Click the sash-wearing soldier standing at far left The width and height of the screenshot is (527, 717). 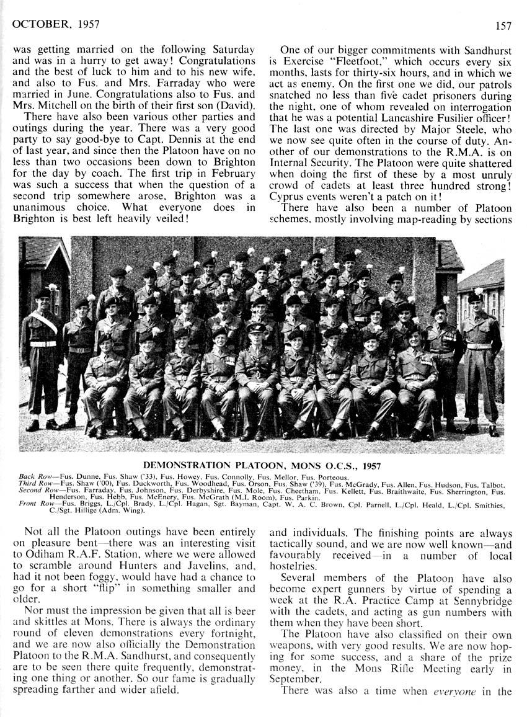[x=41, y=354]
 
